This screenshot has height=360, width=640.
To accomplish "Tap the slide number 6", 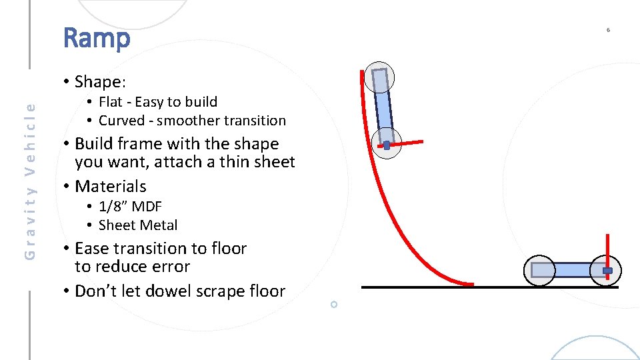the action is [608, 30].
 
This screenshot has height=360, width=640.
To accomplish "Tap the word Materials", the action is [111, 187].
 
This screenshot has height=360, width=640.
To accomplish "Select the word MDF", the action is [147, 207].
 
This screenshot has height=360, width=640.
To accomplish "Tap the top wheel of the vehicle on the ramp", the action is [379, 79].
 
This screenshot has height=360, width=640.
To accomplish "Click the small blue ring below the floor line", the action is [334, 304].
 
